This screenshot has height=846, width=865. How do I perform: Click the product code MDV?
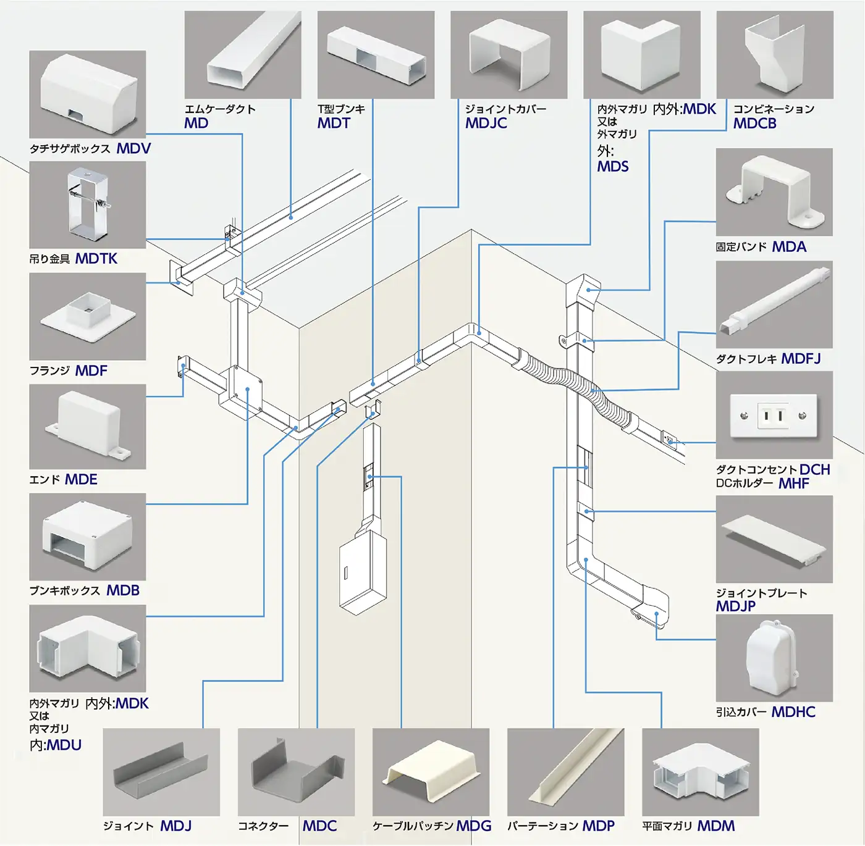coord(133,149)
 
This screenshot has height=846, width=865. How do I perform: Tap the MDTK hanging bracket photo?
coord(88,205)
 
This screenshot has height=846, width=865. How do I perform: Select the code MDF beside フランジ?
coord(91,371)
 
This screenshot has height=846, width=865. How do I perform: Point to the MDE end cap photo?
coord(88,427)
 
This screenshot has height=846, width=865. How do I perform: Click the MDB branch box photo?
coord(88,537)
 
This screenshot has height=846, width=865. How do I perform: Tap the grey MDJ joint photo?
coord(161,772)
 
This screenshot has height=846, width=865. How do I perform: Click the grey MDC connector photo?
coord(296,772)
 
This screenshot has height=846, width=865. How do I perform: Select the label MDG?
coord(474,826)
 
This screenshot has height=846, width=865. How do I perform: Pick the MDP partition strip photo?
coord(565,772)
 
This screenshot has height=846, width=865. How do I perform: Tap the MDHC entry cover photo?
coord(774,658)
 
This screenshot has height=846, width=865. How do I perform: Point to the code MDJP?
coord(735,606)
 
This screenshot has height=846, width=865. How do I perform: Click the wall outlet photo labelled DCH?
coord(774,415)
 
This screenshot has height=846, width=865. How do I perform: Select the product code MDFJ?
coord(801,359)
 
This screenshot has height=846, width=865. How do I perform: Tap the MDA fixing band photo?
coord(774,192)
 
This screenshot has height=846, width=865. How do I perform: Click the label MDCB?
coord(754,124)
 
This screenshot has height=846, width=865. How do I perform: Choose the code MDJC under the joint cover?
coord(486,124)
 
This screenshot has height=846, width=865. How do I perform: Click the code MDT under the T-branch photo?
coord(334,124)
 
